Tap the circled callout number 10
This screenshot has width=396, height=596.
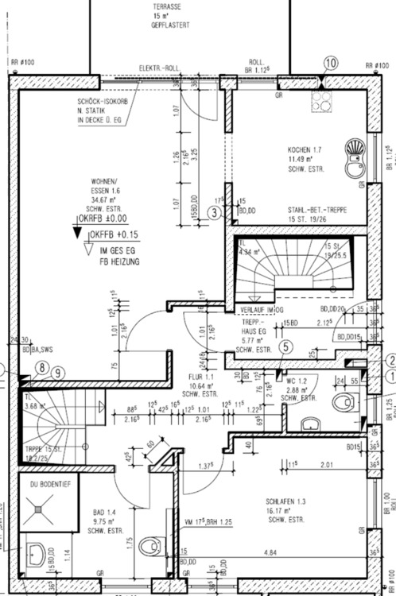pyautogui.click(x=331, y=63)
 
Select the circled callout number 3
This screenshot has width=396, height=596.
pyautogui.click(x=214, y=211)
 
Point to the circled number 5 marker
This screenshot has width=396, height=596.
pyautogui.click(x=286, y=346)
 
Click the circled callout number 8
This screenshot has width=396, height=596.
pyautogui.click(x=41, y=367)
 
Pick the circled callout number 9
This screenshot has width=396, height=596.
pyautogui.click(x=56, y=371)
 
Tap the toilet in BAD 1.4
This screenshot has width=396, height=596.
pyautogui.click(x=149, y=547)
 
